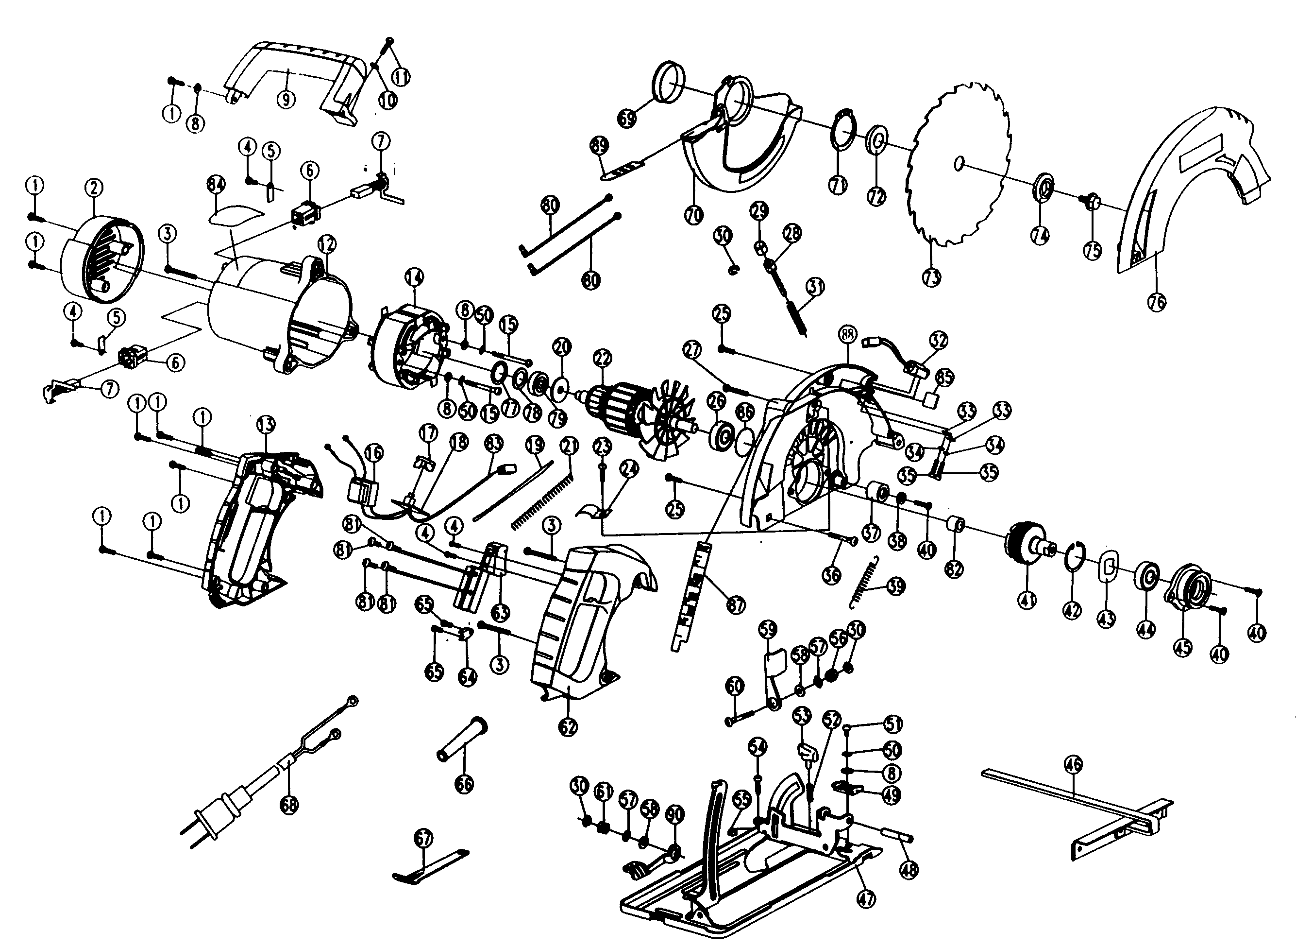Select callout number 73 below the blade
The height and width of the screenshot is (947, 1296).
pyautogui.click(x=931, y=277)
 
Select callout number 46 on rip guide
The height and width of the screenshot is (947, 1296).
pyautogui.click(x=1073, y=763)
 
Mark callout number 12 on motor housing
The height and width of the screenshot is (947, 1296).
pyautogui.click(x=327, y=245)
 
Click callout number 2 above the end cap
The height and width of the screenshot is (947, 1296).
pyautogui.click(x=94, y=187)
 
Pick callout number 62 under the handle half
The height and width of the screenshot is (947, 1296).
pyautogui.click(x=568, y=726)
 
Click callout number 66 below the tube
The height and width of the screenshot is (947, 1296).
pyautogui.click(x=464, y=784)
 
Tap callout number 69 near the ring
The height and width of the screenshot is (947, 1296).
pyautogui.click(x=627, y=119)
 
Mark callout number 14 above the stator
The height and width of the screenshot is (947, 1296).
pyautogui.click(x=414, y=278)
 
